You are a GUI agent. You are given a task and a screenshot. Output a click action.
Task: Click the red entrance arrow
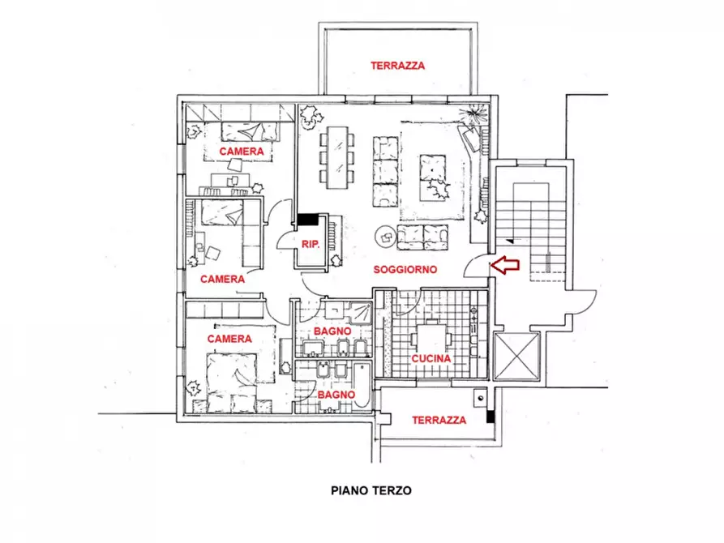tap(504, 265)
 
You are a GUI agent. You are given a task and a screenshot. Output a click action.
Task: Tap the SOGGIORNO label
tap(405, 270)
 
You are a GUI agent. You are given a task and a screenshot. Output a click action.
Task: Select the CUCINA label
tap(431, 359)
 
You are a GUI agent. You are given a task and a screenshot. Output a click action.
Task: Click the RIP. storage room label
tap(311, 244)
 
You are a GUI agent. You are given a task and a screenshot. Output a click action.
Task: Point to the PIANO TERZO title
tap(371, 490)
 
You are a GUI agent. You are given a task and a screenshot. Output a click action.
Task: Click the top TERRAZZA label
tap(397, 66)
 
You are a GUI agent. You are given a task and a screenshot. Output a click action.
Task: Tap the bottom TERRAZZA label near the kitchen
tap(439, 420)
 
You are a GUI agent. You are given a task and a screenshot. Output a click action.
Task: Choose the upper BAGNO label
tap(332, 331)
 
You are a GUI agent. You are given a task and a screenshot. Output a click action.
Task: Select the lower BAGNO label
tap(336, 395)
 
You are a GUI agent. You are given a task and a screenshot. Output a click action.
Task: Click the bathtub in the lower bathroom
tap(362, 385)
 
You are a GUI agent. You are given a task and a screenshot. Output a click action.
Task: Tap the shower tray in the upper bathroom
tap(360, 314)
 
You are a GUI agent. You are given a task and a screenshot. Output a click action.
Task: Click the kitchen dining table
tap(431, 340)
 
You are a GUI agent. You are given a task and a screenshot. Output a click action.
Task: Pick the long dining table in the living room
tap(338, 157)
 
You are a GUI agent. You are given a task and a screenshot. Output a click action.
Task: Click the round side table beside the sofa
tap(386, 237)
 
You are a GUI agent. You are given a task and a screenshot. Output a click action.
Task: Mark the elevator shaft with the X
tap(516, 356)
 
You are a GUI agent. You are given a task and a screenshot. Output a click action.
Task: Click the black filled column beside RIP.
tap(308, 220)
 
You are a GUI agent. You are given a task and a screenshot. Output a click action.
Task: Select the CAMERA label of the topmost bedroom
tap(242, 152)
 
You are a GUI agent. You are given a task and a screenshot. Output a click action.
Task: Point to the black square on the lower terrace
tap(491, 417)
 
